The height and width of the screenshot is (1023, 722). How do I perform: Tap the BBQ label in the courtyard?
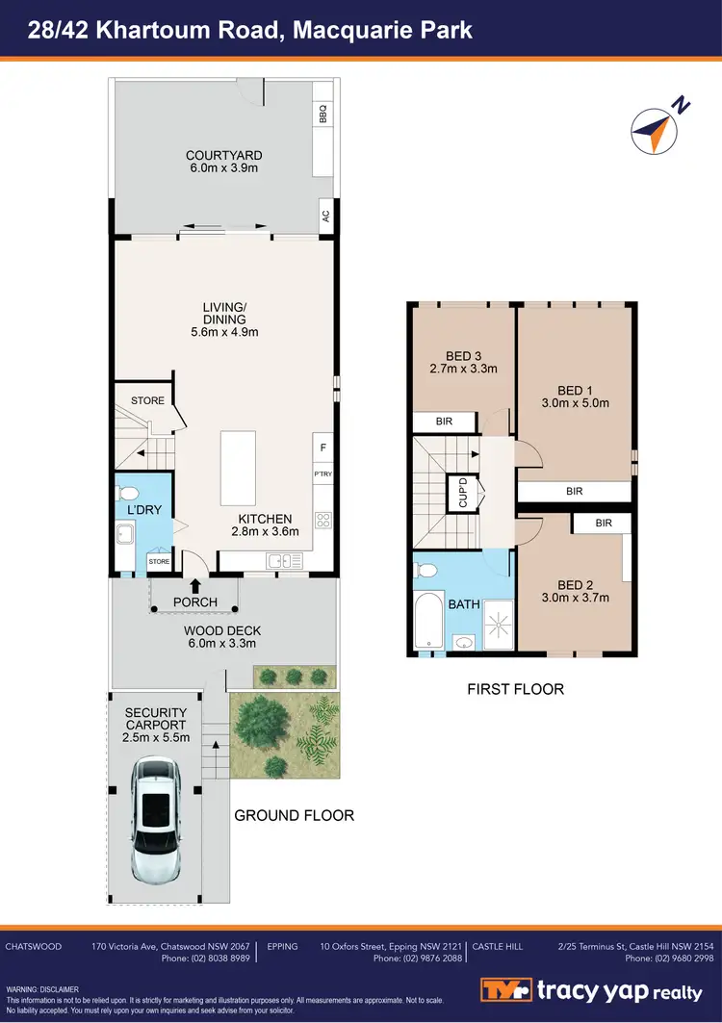323,115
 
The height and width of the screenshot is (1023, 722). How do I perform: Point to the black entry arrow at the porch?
195,584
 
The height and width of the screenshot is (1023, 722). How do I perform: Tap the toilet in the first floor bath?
425,571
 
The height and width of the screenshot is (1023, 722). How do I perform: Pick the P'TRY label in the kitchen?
322,474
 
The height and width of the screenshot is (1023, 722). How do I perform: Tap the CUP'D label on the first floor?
463,493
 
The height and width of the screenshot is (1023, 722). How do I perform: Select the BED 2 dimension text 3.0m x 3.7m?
574,598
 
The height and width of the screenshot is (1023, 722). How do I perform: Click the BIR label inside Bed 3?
445,422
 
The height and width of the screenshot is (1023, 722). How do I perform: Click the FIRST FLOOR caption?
515,689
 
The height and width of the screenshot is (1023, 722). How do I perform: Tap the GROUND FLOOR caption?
294,815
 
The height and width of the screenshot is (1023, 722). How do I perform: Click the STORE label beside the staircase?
147,400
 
